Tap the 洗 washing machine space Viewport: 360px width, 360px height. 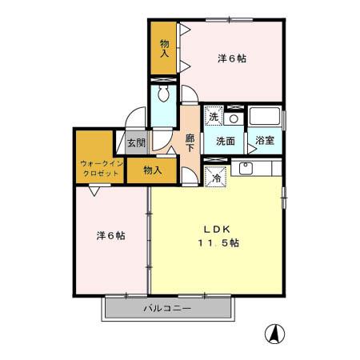[x=214, y=116]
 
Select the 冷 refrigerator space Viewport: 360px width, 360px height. [x=216, y=178]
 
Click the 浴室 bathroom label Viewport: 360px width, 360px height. [x=264, y=141]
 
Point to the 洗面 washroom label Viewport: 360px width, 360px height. [x=225, y=141]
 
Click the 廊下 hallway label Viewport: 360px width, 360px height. [x=190, y=142]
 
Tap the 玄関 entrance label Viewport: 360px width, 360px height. [x=135, y=143]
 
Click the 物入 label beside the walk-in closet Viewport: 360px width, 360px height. [x=153, y=170]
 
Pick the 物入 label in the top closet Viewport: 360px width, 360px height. [x=165, y=49]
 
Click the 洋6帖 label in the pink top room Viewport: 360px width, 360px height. [x=232, y=58]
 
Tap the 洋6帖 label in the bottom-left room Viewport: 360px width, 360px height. [x=110, y=235]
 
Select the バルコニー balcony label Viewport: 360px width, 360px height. [x=167, y=308]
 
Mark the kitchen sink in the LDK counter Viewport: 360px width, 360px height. [x=245, y=168]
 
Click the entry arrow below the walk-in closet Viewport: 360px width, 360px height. [x=94, y=190]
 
